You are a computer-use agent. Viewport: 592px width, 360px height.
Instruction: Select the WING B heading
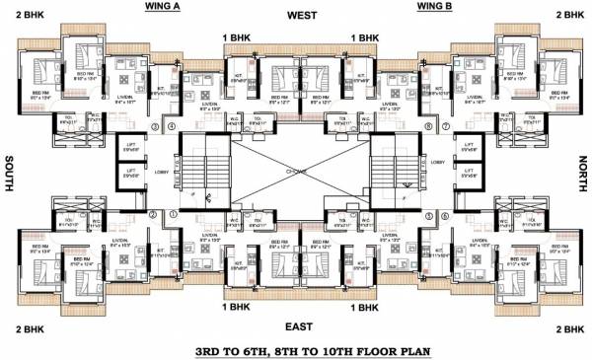(x=433, y=7)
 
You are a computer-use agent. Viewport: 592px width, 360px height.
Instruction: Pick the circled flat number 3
(x=155, y=127)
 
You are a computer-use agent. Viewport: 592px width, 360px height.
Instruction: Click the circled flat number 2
(x=155, y=214)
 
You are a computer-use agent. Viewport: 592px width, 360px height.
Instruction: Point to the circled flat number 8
(x=428, y=127)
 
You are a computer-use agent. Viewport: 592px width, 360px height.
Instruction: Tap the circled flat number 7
(x=445, y=127)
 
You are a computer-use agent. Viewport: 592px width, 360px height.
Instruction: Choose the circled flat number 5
(x=428, y=214)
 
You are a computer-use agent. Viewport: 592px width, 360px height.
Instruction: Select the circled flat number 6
(x=445, y=214)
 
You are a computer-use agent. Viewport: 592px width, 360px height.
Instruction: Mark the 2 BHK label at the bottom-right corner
(x=570, y=327)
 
